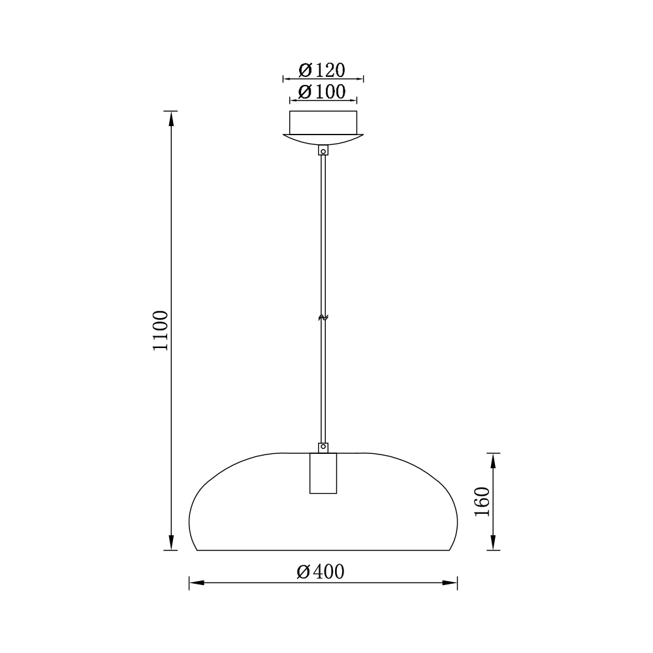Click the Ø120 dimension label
tap(322, 69)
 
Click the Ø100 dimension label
tap(322, 92)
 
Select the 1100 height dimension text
tap(161, 330)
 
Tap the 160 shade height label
tap(482, 502)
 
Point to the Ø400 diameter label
tap(320, 572)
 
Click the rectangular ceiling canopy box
tap(323, 123)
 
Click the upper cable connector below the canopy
tap(323, 151)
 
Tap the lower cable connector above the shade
tap(323, 448)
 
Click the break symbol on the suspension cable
tap(323, 317)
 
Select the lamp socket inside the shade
tap(323, 473)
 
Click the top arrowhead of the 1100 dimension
tap(171, 118)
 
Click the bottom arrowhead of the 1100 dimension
tap(171, 543)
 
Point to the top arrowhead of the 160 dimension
tap(493, 460)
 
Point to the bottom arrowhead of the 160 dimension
tap(493, 543)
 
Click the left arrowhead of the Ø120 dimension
tap(286, 78)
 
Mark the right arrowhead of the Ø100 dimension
tap(353, 101)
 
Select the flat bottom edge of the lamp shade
tap(323, 550)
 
